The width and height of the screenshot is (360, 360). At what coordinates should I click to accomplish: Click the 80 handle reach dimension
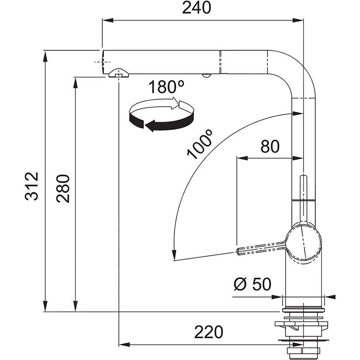(x=270, y=147)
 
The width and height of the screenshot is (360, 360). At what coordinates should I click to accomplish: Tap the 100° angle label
(x=200, y=144)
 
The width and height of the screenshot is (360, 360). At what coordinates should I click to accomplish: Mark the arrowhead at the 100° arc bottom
(x=172, y=255)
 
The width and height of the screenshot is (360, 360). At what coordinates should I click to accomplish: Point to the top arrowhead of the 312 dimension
(x=45, y=54)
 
